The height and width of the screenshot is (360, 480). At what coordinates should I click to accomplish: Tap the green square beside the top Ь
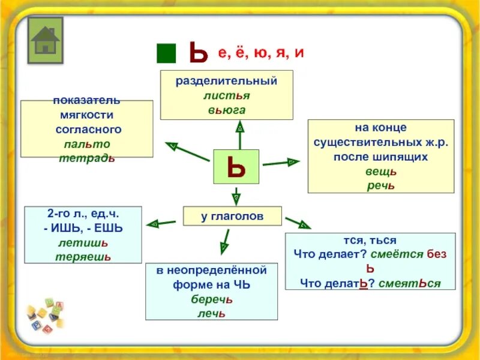point(166,53)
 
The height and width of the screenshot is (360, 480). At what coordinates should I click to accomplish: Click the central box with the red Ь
point(236,166)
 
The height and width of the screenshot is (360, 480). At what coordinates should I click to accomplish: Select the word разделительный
point(226,81)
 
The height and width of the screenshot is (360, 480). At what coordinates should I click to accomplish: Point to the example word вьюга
point(227,110)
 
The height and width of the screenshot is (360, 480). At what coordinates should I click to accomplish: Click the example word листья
point(226,95)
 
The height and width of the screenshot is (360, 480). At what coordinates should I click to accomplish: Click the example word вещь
point(381,171)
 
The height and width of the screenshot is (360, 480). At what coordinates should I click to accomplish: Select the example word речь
point(381,185)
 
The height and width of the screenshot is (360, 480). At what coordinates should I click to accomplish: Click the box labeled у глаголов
point(232,215)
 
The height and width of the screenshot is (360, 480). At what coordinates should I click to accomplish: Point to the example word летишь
point(83,242)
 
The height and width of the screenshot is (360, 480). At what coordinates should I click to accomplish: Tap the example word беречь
point(212,299)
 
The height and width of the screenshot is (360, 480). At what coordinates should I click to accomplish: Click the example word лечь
point(212,313)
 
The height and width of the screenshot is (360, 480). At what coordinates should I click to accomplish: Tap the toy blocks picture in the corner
point(45,317)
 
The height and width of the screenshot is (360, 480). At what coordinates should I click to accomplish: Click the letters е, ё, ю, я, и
point(261,53)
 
